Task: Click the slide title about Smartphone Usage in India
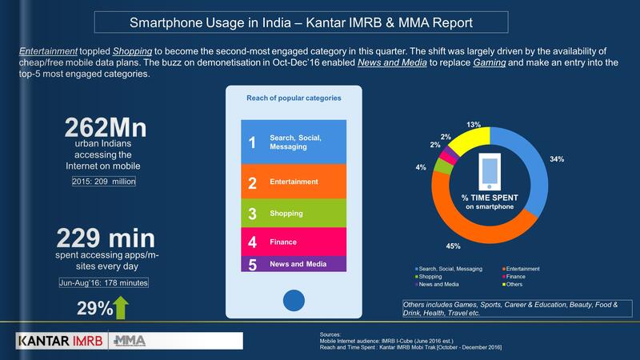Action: (x=301, y=22)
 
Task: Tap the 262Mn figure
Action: (x=106, y=127)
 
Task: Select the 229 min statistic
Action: (x=106, y=238)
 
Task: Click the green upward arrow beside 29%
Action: (x=121, y=307)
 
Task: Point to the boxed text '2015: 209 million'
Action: (x=104, y=182)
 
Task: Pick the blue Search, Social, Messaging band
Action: (x=294, y=142)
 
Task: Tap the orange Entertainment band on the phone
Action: (x=294, y=182)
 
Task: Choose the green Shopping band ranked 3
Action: (x=294, y=213)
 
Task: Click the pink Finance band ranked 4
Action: (x=294, y=242)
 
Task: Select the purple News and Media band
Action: (x=294, y=264)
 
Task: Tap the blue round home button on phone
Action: (x=294, y=301)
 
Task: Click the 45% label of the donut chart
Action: (x=453, y=246)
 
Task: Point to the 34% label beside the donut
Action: (x=557, y=159)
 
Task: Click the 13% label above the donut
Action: (x=474, y=125)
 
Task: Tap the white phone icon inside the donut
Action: (x=490, y=171)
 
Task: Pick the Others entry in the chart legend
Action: (x=512, y=285)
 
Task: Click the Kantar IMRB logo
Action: (x=62, y=341)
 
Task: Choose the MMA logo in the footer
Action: (x=130, y=341)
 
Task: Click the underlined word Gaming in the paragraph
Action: (x=490, y=62)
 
